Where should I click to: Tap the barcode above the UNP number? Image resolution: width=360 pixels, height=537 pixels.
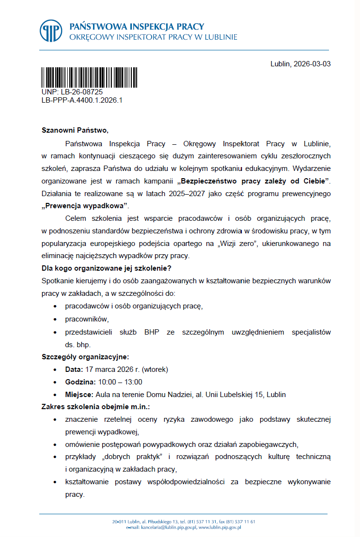[89, 77]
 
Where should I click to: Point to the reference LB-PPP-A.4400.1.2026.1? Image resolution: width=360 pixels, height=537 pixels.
[82, 100]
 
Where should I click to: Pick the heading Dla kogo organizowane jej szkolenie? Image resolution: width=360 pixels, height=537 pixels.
[107, 268]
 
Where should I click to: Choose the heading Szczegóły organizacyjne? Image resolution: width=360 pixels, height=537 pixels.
[85, 357]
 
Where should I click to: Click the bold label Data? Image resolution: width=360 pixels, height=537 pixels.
[74, 369]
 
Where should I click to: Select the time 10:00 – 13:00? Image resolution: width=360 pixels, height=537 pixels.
[120, 382]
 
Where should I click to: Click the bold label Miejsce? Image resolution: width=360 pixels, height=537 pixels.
[79, 394]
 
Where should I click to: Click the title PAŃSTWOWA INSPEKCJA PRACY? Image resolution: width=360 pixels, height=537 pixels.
[137, 26]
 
